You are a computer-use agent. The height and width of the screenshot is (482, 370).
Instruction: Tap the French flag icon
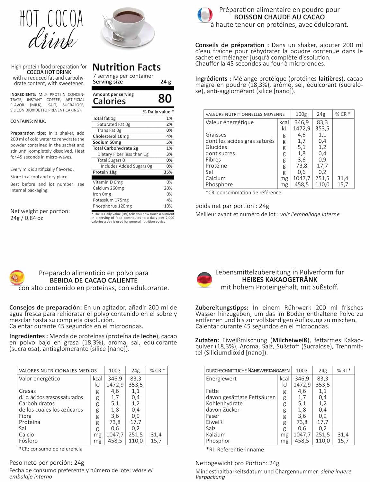click(x=205, y=15)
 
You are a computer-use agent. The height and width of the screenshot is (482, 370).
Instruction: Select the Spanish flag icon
click(x=17, y=278)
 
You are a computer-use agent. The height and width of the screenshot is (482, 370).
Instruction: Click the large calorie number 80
click(x=165, y=98)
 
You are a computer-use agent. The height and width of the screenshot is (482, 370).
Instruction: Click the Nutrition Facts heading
click(x=127, y=67)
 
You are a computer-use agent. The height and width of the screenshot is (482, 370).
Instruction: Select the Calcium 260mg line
click(x=108, y=188)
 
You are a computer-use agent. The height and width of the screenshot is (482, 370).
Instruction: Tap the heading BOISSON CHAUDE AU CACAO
click(x=279, y=17)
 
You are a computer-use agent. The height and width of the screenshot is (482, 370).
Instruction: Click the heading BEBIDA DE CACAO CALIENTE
click(x=94, y=280)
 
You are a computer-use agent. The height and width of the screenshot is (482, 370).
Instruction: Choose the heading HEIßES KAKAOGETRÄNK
click(x=279, y=280)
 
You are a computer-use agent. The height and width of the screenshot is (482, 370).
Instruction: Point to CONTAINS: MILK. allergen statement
click(x=28, y=121)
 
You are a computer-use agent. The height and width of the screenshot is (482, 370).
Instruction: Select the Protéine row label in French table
click(x=216, y=166)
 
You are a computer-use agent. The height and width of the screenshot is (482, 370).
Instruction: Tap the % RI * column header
click(x=344, y=370)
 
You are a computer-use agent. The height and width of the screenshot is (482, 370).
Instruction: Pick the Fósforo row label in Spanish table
click(x=28, y=441)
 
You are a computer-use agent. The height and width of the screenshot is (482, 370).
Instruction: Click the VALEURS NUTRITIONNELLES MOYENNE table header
click(x=245, y=114)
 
